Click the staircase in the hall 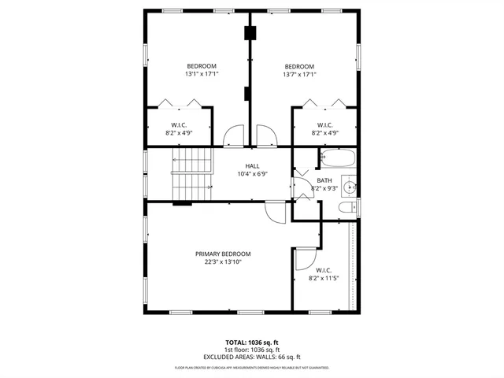click(x=192, y=175)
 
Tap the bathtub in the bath click(x=337, y=159)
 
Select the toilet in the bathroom click(x=345, y=208)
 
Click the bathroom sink click(x=351, y=187)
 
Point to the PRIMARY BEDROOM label click(x=223, y=254)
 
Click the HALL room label click(x=252, y=165)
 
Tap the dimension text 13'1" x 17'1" click(x=202, y=74)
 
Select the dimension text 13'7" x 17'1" click(x=299, y=74)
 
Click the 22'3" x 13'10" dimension click(x=223, y=262)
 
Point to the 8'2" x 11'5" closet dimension click(x=324, y=278)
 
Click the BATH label click(x=324, y=180)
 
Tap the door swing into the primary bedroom click(x=276, y=211)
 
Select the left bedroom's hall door click(x=234, y=136)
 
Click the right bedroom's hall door click(x=267, y=136)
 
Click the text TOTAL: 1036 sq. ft click(x=252, y=343)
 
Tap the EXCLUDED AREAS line click(x=252, y=357)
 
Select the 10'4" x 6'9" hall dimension click(x=252, y=174)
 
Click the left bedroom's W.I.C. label click(x=179, y=125)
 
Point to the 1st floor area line click(x=252, y=350)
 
